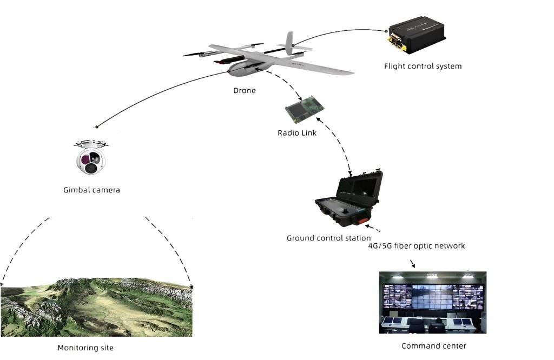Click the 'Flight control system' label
point(423,66)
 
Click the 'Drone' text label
point(245,91)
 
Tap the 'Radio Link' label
point(297,133)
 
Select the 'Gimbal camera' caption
point(91,190)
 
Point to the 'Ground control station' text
point(328,238)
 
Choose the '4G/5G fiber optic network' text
point(415,246)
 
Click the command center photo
point(433,302)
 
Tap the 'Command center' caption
point(433,346)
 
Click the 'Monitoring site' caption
point(85,348)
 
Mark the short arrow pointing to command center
point(413,264)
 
